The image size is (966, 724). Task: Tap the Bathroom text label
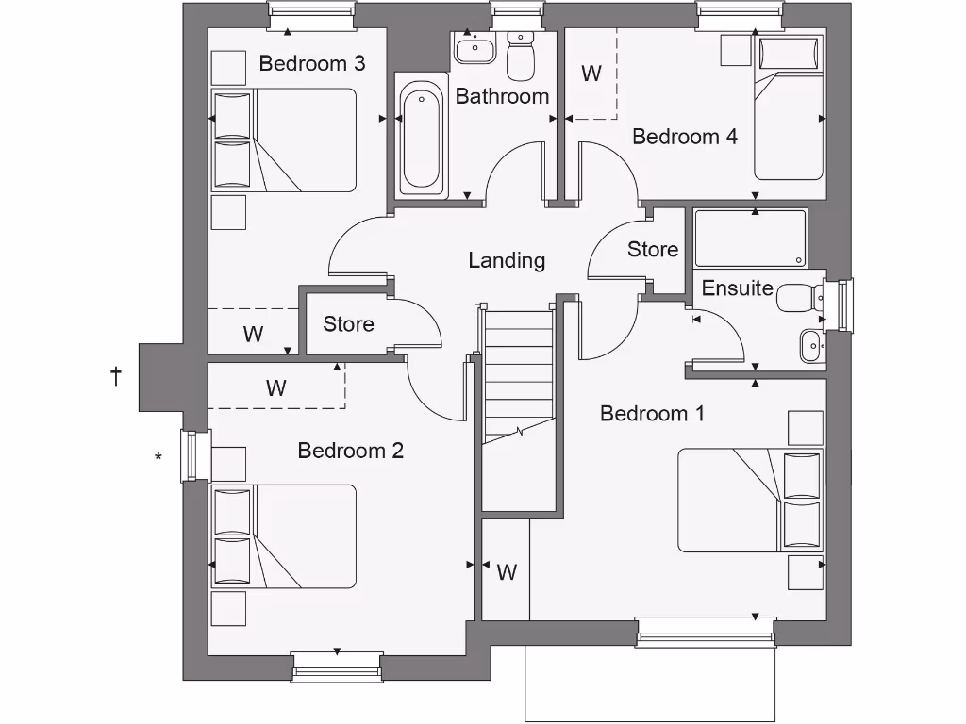502,96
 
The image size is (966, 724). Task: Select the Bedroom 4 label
684,137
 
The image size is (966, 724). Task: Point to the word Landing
507,260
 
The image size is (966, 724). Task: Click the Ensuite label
738,288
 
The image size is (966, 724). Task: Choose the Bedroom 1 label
652,414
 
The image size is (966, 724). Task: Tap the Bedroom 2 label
350,451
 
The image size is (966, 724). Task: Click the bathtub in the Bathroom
422,139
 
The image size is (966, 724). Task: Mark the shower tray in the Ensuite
750,239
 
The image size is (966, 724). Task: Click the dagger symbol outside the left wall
116,377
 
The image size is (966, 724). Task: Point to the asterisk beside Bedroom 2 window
158,459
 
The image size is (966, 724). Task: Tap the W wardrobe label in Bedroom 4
591,74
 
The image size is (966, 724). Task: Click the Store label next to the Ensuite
653,250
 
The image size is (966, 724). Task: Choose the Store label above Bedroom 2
348,324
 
